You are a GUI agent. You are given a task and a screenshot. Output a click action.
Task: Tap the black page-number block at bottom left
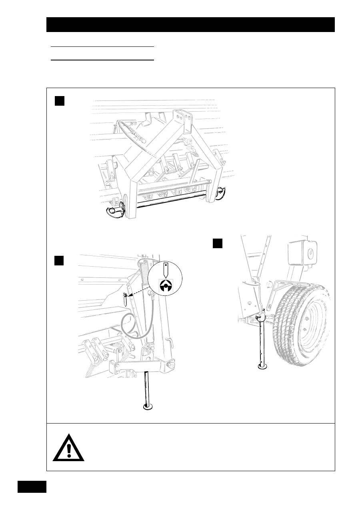click(x=32, y=487)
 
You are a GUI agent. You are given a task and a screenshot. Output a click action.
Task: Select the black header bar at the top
click(x=190, y=24)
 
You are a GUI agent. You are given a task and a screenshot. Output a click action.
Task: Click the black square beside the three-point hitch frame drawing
click(x=60, y=101)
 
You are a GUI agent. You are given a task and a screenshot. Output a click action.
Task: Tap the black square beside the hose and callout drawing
click(x=60, y=261)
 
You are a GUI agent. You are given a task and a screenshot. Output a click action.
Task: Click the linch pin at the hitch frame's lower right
click(x=220, y=193)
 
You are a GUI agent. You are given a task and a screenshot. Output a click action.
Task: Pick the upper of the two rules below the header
click(x=102, y=47)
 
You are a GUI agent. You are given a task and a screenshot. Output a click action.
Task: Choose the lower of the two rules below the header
click(x=102, y=60)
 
